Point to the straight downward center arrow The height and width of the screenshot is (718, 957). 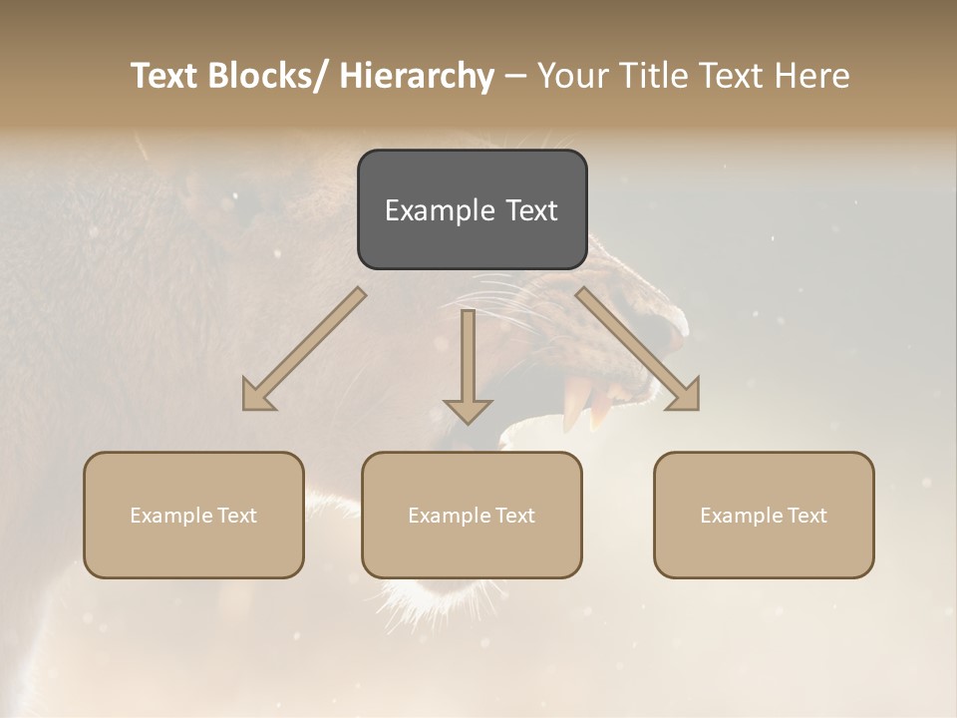click(468, 365)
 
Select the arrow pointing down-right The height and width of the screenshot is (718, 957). click(638, 349)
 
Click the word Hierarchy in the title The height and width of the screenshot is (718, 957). click(416, 76)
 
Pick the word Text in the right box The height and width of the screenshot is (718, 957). click(804, 516)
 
